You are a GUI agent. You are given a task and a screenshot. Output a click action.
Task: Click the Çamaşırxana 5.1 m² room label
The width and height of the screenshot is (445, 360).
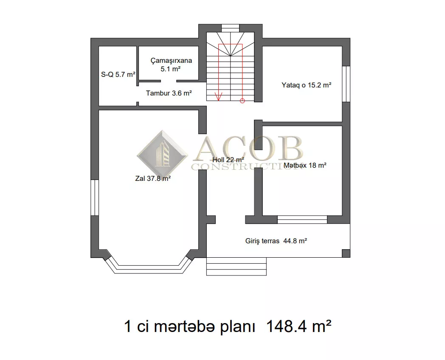(171, 65)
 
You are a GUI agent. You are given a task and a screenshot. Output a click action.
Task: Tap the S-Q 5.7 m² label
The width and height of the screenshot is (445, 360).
(118, 74)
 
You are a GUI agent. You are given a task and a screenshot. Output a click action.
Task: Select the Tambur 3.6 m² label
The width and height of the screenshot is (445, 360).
(169, 93)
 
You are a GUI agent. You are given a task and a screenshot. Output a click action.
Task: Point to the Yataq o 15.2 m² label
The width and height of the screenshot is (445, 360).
(307, 85)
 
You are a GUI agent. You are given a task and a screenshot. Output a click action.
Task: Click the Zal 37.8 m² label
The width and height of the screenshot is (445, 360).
(153, 178)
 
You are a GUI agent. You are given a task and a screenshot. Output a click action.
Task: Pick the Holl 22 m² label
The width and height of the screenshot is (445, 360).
(228, 160)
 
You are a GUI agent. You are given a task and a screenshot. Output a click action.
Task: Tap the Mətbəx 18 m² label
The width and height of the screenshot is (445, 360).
(305, 166)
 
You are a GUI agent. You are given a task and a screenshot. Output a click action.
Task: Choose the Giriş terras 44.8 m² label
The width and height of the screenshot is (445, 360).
(276, 241)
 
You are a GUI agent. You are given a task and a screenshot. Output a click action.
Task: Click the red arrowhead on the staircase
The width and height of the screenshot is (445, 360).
(219, 97)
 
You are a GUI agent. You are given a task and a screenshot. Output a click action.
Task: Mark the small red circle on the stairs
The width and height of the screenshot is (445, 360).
(242, 101)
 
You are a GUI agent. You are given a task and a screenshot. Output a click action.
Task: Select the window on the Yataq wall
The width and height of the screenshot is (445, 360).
(346, 84)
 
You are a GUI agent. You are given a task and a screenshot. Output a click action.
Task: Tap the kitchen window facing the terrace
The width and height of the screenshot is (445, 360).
(302, 219)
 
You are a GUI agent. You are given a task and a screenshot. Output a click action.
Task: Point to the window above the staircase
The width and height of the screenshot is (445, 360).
(231, 28)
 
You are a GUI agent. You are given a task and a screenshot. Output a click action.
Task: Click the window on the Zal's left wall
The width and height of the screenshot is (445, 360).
(95, 197)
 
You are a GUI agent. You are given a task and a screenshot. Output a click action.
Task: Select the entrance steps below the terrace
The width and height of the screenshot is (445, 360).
(237, 266)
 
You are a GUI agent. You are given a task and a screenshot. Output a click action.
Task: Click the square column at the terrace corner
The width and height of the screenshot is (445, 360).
(346, 253)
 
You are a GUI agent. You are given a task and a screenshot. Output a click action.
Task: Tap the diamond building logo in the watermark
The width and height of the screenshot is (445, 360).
(162, 154)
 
